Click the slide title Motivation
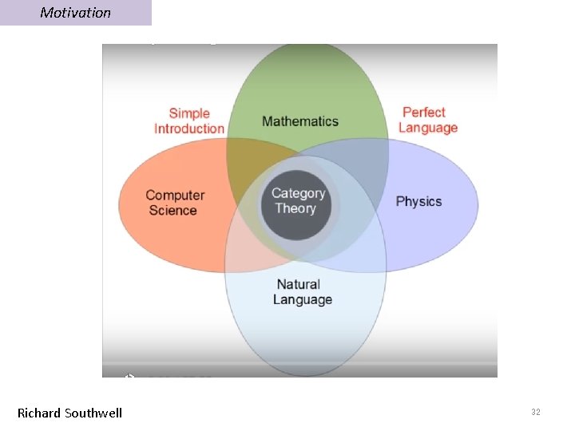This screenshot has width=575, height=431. coord(75,13)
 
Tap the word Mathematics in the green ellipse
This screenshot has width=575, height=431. coord(300,121)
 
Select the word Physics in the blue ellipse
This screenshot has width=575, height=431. coord(418,201)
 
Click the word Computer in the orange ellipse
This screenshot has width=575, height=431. coord(175,196)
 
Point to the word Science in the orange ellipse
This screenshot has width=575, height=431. coord(172,211)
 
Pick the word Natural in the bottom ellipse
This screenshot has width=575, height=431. coord(298,284)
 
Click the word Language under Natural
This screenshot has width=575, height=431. coord(302,300)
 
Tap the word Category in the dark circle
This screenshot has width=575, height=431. coord(298,193)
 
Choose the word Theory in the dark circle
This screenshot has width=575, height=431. coord(295,209)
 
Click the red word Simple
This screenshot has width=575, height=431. coord(189,113)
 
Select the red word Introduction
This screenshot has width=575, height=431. coord(189,129)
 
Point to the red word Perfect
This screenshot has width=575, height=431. coord(423,113)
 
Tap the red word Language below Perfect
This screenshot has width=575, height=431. coord(428,128)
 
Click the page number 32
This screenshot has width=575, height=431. coord(535,412)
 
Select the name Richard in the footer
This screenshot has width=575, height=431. coord(39,413)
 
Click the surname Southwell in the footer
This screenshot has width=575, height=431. coord(93,413)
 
